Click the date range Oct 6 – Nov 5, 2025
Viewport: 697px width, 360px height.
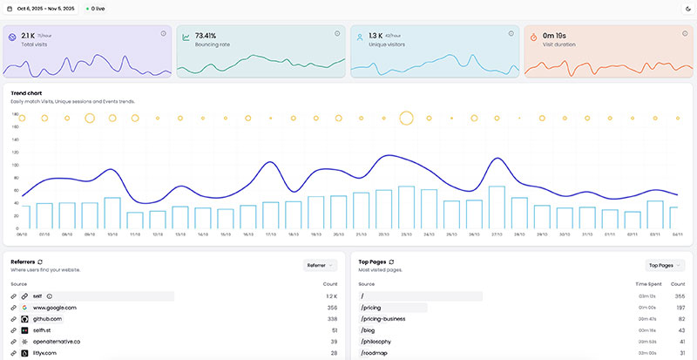(41, 9)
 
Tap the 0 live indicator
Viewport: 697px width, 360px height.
(95, 9)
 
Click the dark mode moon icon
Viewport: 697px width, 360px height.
(687, 9)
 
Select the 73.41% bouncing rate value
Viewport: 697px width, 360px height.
(213, 35)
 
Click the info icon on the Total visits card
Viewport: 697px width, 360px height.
(163, 33)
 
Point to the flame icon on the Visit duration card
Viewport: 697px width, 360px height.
(535, 38)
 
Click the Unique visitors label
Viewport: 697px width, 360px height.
(388, 43)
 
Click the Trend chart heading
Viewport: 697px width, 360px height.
(27, 92)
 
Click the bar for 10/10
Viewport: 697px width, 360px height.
(112, 213)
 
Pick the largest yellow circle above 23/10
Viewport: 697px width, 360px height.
(406, 118)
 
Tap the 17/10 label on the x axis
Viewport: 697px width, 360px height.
(271, 234)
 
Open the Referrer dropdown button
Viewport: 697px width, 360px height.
(320, 265)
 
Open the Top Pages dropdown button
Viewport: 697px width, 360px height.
(665, 265)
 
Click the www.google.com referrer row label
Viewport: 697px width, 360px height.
(54, 308)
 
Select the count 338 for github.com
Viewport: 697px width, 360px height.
(331, 319)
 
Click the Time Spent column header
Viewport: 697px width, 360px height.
(647, 284)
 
